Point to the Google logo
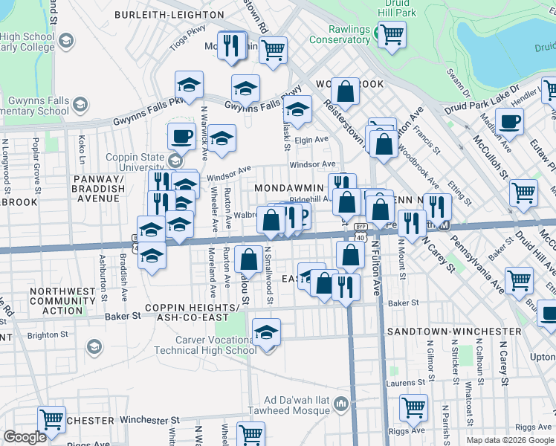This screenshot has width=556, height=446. [x=25, y=436]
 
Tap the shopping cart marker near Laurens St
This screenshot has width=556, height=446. [x=413, y=407]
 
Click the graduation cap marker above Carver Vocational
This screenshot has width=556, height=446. [x=266, y=332]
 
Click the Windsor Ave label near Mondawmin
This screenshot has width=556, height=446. [x=313, y=164]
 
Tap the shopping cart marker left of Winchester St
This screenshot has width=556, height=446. [x=51, y=419]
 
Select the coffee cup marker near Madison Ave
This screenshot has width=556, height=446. [x=509, y=121]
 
